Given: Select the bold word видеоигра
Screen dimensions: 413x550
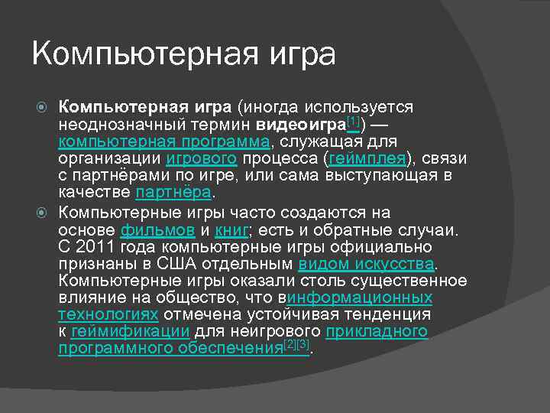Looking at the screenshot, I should tap(301, 124).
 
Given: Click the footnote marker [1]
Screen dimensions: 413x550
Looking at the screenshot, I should tap(353, 120).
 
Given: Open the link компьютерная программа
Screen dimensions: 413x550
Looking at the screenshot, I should tap(163, 141).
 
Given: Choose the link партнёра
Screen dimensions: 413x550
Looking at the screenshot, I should tap(172, 194).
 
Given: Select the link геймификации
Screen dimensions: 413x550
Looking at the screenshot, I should tap(131, 332).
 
